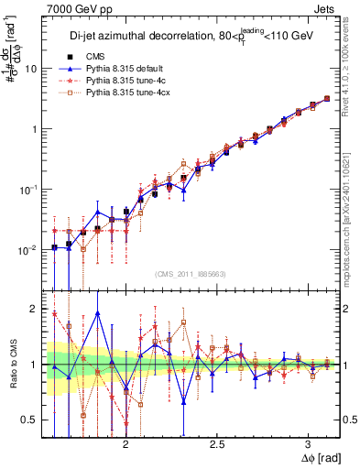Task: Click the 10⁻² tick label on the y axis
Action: [29, 249]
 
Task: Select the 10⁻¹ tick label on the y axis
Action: [29, 190]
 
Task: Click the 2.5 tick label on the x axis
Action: [217, 443]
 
